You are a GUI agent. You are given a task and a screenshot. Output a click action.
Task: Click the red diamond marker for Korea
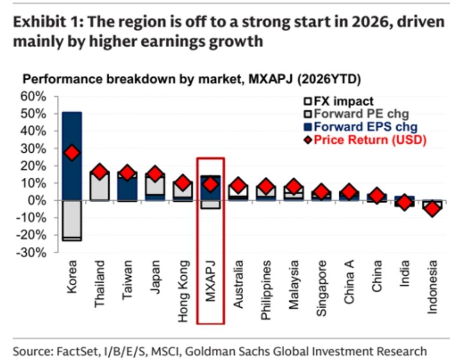click(x=72, y=153)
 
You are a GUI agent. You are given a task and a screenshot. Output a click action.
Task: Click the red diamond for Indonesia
click(x=432, y=209)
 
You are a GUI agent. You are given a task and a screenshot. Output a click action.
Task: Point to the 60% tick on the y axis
click(x=35, y=97)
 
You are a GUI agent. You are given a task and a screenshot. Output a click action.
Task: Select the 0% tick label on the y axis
click(x=39, y=201)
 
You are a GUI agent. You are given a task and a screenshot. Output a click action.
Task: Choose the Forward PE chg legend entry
click(x=356, y=114)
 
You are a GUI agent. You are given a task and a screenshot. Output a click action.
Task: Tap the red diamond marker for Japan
click(x=156, y=174)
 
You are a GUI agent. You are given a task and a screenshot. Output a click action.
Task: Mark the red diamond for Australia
click(x=238, y=186)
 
